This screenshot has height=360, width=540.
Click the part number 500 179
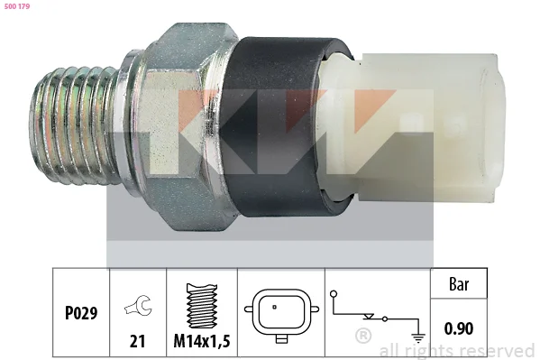pyautogui.click(x=17, y=6)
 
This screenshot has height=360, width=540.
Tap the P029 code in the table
pyautogui.click(x=81, y=313)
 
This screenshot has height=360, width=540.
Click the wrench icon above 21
pyautogui.click(x=138, y=305)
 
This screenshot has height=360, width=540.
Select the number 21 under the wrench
pyautogui.click(x=137, y=341)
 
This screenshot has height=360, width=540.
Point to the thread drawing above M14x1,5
pyautogui.click(x=202, y=306)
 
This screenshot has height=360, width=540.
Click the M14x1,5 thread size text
pyautogui.click(x=202, y=341)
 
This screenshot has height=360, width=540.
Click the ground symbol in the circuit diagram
pyautogui.click(x=418, y=337)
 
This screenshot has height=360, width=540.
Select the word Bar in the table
pyautogui.click(x=459, y=284)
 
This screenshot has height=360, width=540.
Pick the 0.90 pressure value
pyautogui.click(x=458, y=328)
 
